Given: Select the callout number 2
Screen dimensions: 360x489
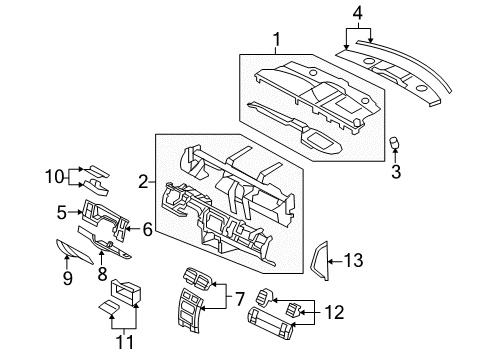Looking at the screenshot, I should (x=144, y=181).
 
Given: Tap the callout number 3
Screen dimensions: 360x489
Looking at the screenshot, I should (x=394, y=171).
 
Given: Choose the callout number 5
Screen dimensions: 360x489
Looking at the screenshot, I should (x=62, y=212).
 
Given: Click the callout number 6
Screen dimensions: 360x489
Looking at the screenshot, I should (x=147, y=230).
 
